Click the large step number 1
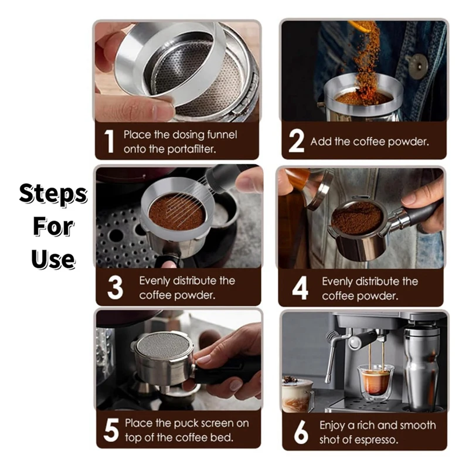click(110, 141)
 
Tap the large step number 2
click(297, 141)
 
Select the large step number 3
click(115, 287)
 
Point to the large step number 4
click(300, 288)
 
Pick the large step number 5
click(111, 430)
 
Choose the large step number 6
click(301, 432)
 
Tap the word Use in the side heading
click(53, 259)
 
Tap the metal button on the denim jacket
click(417, 66)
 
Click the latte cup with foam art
click(297, 395)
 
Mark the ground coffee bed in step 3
click(176, 212)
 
